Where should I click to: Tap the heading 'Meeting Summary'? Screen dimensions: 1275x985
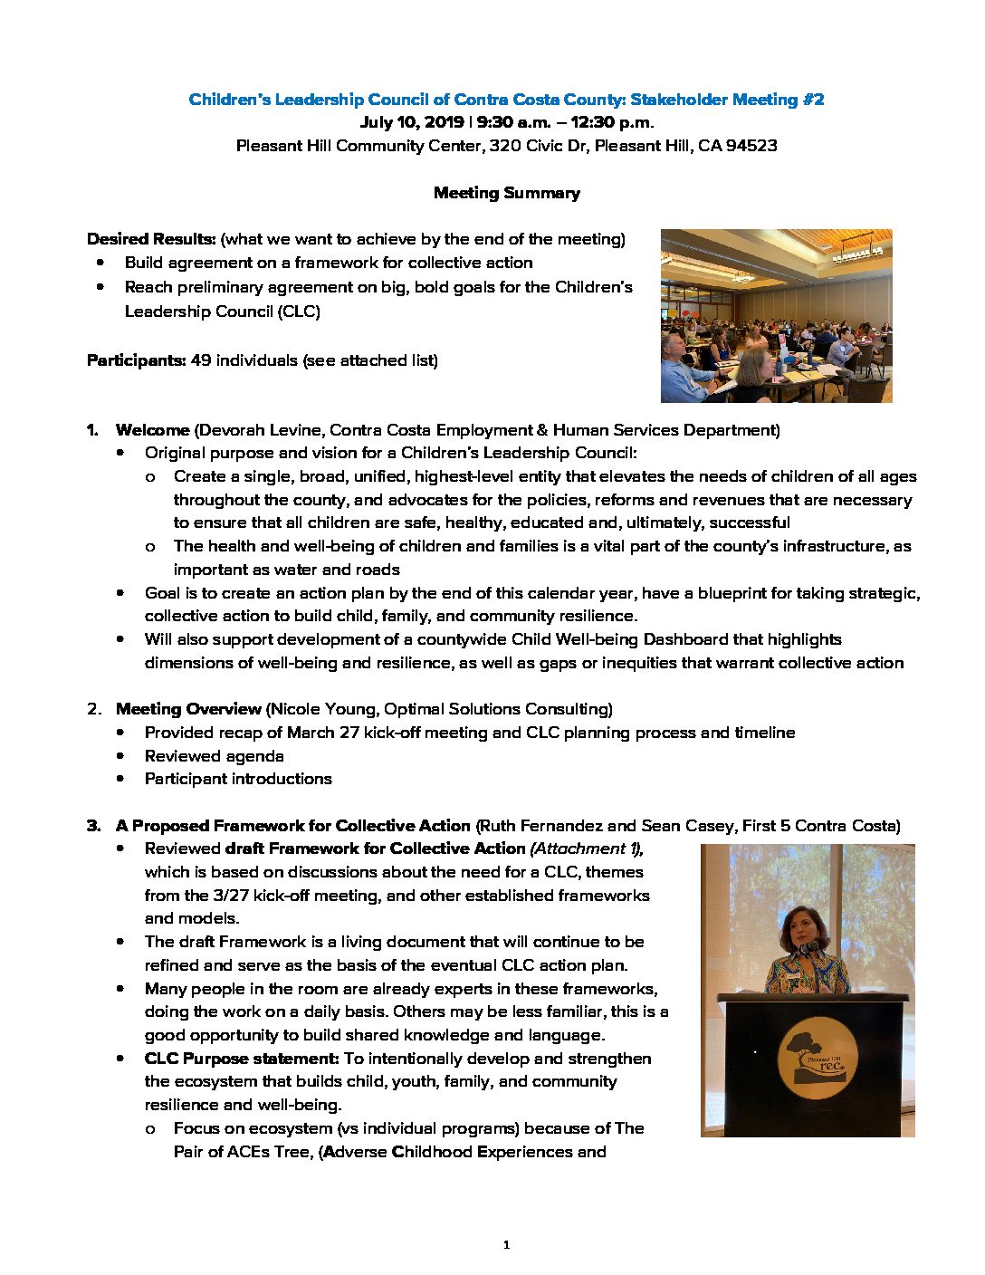tap(506, 193)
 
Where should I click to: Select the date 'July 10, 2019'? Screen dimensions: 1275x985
tap(412, 122)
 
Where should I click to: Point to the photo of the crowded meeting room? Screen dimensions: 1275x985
tap(776, 315)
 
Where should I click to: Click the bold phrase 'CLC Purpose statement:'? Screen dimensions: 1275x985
tap(242, 1059)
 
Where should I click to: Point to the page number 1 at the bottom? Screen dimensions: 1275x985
tap(506, 1245)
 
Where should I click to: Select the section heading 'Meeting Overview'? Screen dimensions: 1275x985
tap(188, 709)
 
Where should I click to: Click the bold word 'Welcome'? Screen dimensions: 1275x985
tap(152, 430)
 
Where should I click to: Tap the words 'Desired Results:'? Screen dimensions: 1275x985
tap(151, 239)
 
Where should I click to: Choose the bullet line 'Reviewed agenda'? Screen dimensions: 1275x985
tap(214, 756)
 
